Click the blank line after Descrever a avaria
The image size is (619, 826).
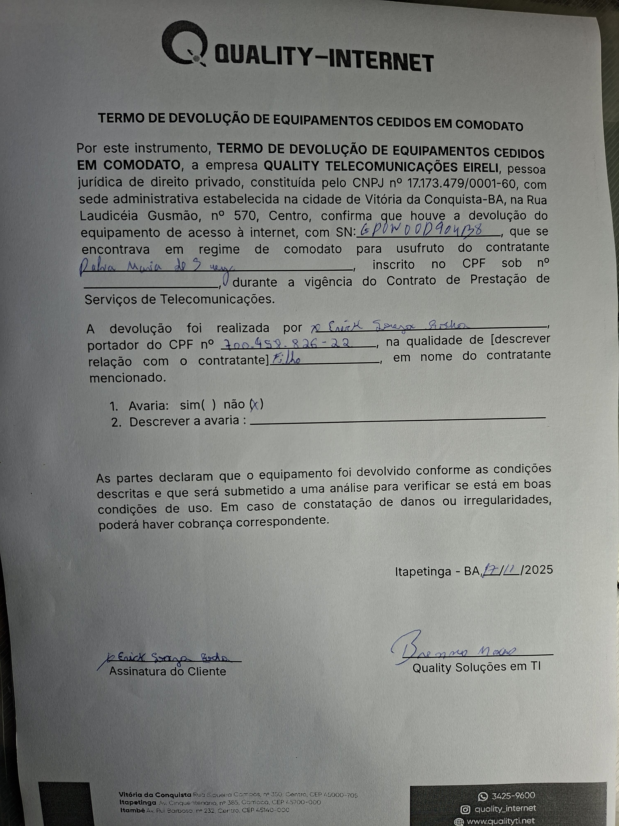[x=397, y=420]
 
